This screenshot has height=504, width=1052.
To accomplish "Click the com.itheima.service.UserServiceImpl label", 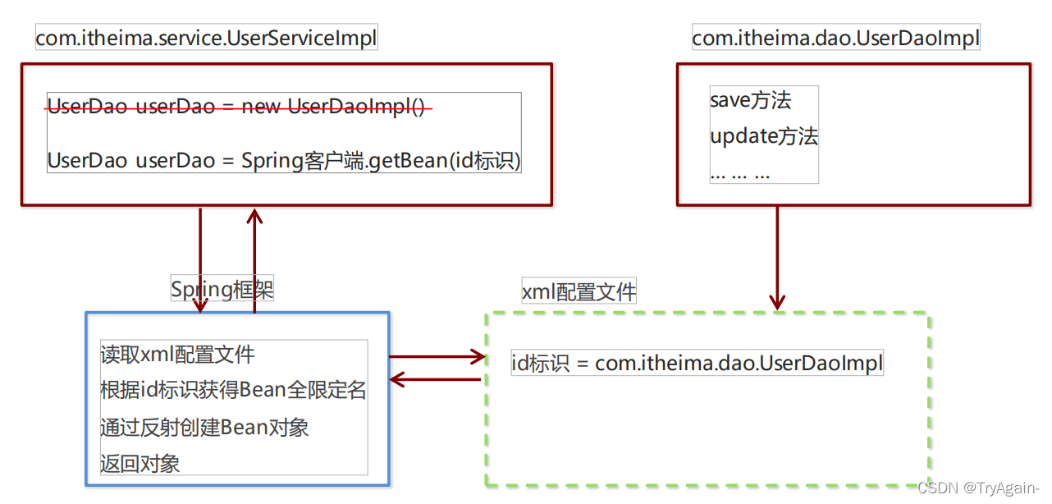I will (x=206, y=38).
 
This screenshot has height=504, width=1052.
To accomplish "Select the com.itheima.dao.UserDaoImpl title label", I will (x=835, y=38).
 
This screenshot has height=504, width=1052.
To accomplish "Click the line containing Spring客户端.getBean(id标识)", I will (x=284, y=160).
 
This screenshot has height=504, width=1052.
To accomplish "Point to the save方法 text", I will (x=750, y=100).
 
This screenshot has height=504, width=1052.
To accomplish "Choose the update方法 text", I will (x=763, y=136).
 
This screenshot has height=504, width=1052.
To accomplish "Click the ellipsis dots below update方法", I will (x=739, y=173).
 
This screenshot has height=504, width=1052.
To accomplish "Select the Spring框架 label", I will (x=222, y=289).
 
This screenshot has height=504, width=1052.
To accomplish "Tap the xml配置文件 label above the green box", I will (x=579, y=291).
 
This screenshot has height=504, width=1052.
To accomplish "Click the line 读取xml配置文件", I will (x=177, y=354).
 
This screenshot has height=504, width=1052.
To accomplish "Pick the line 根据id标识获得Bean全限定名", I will (x=233, y=390).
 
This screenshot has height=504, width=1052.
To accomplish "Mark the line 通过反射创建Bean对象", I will (x=204, y=427).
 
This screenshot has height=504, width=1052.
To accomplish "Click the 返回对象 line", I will (x=140, y=463).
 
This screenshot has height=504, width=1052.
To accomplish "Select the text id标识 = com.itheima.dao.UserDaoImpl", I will (x=696, y=363).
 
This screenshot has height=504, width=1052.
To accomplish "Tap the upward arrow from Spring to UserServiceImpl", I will (x=254, y=259).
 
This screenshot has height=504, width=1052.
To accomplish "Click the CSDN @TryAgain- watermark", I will (x=977, y=488).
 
